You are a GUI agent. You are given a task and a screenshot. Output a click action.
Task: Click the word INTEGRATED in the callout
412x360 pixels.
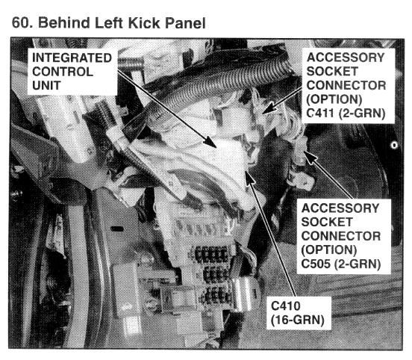(72, 58)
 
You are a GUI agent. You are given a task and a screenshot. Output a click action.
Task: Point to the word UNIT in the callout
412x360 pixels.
(46, 85)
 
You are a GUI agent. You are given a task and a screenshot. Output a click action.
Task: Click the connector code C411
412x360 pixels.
(319, 113)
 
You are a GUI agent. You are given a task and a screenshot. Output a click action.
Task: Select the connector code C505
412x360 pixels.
(316, 264)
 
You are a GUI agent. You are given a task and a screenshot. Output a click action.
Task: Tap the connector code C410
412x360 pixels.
(285, 305)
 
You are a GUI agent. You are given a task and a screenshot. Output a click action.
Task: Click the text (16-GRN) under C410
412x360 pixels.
(298, 320)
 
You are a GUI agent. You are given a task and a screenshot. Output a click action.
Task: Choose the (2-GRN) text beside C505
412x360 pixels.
(358, 264)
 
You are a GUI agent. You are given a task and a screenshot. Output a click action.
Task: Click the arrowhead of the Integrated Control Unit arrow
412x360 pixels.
(211, 143)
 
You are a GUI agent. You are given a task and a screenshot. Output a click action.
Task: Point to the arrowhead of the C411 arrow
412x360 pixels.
(269, 108)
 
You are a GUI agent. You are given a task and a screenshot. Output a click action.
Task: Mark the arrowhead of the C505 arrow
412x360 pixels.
(310, 156)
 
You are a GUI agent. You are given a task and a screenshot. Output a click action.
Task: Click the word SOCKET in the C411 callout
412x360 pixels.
(332, 71)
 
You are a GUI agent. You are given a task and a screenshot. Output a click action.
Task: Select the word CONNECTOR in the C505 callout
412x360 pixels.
(341, 236)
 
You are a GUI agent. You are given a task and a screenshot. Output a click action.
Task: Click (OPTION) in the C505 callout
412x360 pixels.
(329, 250)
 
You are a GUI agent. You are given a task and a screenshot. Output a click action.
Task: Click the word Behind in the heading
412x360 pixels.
(64, 22)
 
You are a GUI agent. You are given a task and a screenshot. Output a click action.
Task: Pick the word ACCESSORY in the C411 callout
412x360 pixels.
(346, 58)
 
